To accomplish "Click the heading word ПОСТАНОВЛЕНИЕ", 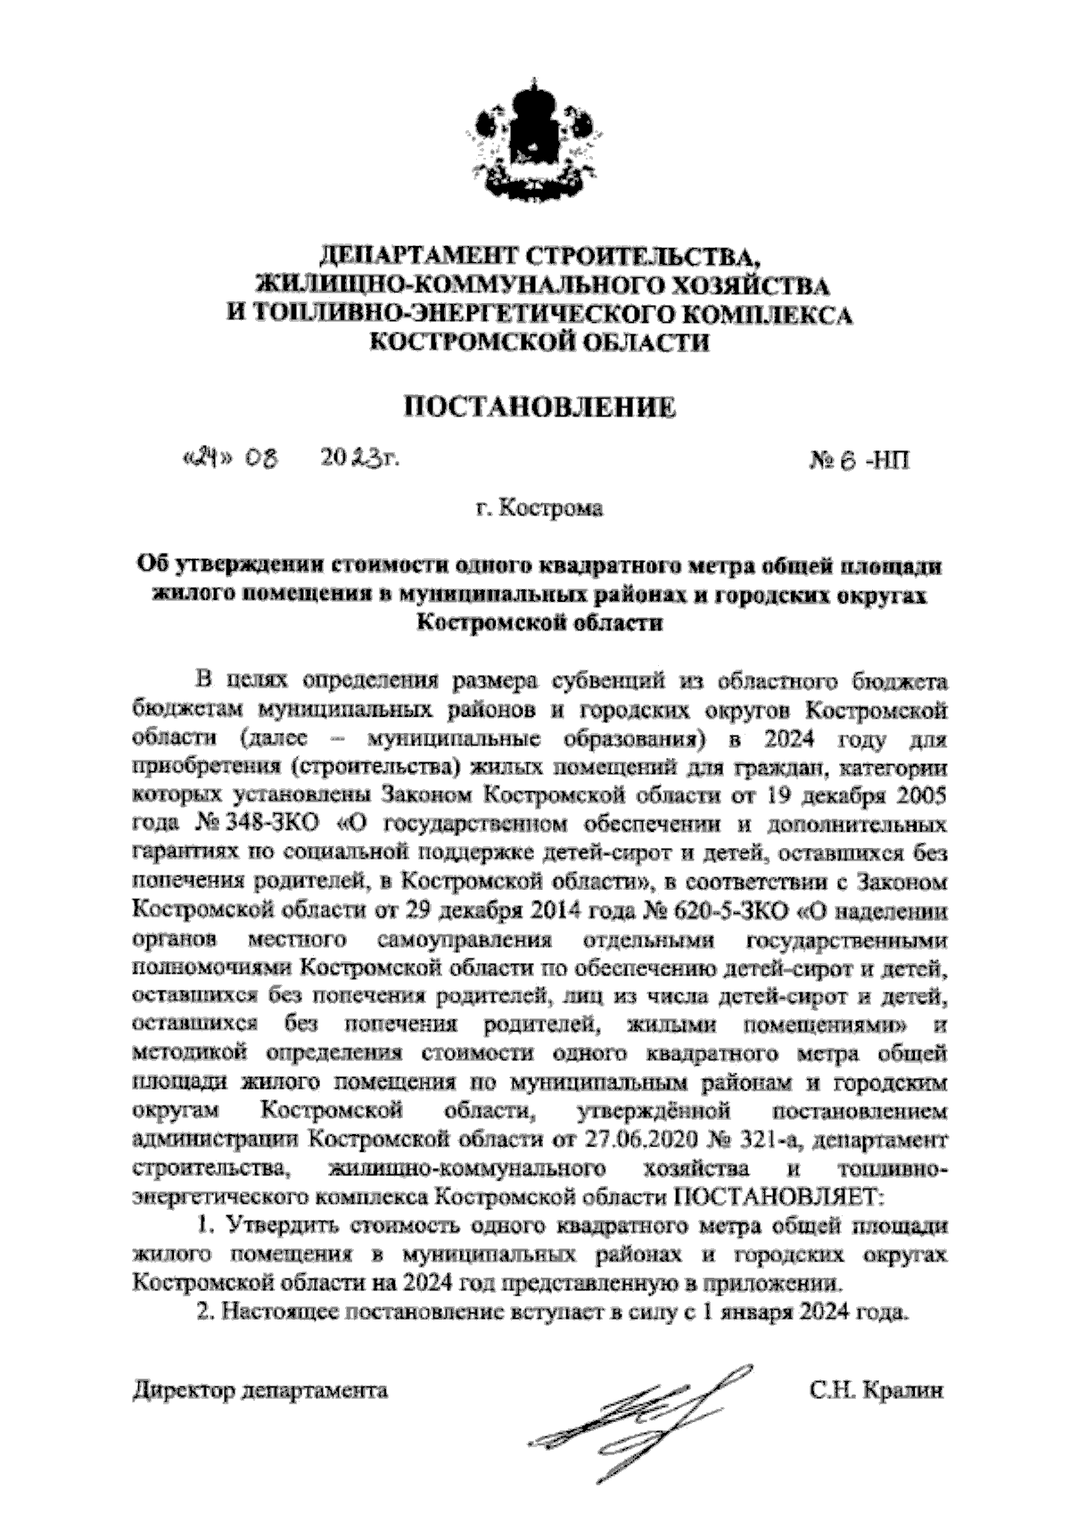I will [540, 408].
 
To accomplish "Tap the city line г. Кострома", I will [539, 510].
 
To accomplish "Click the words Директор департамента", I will [259, 1390].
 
